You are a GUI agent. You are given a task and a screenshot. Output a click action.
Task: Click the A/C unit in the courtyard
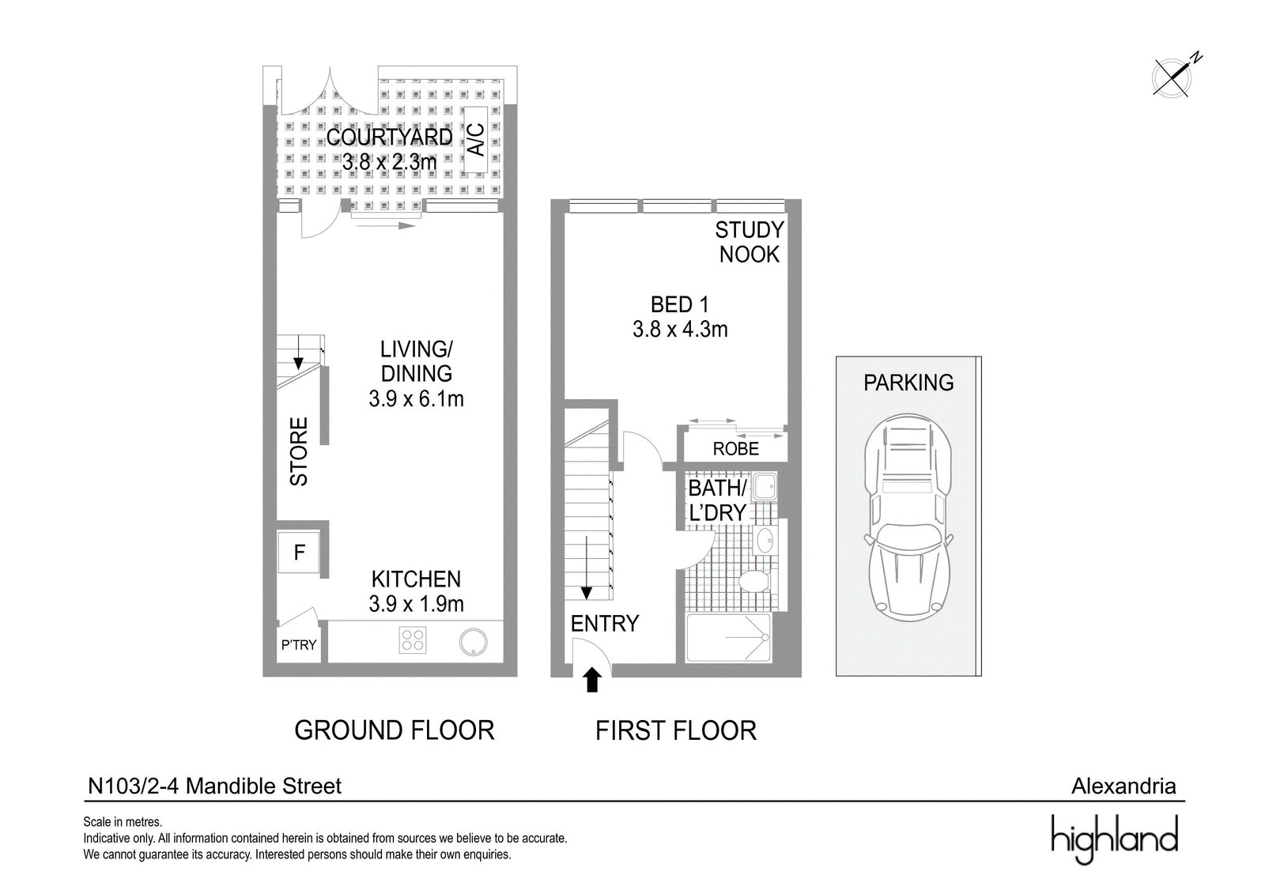point(475,139)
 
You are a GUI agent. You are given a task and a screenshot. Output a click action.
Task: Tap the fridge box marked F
point(299,552)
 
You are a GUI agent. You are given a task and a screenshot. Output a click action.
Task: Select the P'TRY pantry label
point(299,645)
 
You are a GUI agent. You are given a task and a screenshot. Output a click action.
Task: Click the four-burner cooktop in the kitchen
point(412,640)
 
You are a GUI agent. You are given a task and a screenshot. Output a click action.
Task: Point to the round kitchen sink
point(473,642)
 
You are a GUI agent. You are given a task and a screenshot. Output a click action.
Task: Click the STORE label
point(299,451)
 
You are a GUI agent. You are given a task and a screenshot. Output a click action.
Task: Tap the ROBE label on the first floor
point(736,449)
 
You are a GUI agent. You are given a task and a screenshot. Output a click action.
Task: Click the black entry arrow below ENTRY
point(591,680)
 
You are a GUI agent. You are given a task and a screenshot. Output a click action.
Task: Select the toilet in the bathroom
point(754,580)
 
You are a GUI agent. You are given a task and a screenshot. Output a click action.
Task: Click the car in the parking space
point(908,518)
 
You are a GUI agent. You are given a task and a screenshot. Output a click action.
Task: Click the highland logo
point(1114,839)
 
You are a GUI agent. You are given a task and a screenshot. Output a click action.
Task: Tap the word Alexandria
point(1123,786)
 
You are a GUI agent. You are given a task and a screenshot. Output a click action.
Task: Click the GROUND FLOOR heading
point(395,730)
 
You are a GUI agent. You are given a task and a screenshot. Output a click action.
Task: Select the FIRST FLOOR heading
point(676,730)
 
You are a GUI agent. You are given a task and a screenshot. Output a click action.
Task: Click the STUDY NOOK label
point(750,243)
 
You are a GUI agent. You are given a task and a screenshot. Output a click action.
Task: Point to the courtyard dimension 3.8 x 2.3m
point(390,163)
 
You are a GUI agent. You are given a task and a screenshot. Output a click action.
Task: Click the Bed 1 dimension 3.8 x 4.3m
point(680,330)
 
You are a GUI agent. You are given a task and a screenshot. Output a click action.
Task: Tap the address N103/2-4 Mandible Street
point(214,786)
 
